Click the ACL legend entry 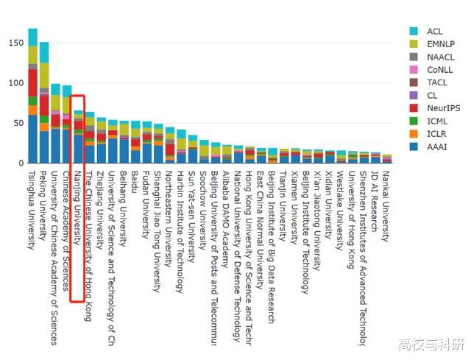point(435,31)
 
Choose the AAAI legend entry point(436,147)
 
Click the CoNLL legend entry point(439,70)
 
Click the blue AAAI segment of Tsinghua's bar point(32,139)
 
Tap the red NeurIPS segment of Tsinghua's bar point(32,82)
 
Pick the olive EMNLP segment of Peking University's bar point(44,78)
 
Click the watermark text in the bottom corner point(432,345)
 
